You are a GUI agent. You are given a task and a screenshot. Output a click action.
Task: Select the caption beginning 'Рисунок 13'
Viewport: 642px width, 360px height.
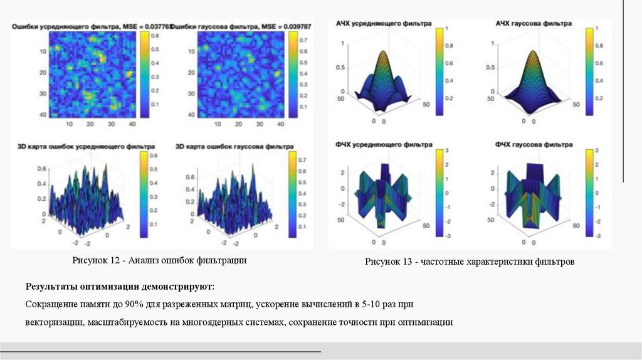(x=470, y=262)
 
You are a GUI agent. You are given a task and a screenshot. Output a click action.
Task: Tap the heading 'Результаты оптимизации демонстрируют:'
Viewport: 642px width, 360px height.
(x=120, y=287)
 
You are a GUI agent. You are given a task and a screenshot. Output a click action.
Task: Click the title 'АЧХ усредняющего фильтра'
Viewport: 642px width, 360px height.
(x=384, y=23)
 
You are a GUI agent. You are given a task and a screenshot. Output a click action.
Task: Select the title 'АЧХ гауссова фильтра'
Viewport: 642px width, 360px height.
(x=534, y=23)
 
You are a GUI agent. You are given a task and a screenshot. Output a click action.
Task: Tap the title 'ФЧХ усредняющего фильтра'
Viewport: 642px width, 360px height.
(x=384, y=145)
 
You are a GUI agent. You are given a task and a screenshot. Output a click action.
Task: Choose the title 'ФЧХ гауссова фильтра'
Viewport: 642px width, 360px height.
(x=534, y=145)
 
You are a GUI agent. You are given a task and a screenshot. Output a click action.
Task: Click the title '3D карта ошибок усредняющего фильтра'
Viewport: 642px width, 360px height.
(x=83, y=147)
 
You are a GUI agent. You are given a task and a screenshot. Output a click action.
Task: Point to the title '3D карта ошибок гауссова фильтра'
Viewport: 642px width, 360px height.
(x=234, y=147)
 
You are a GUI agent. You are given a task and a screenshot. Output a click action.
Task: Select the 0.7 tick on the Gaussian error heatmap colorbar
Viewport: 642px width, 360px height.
(x=303, y=40)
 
